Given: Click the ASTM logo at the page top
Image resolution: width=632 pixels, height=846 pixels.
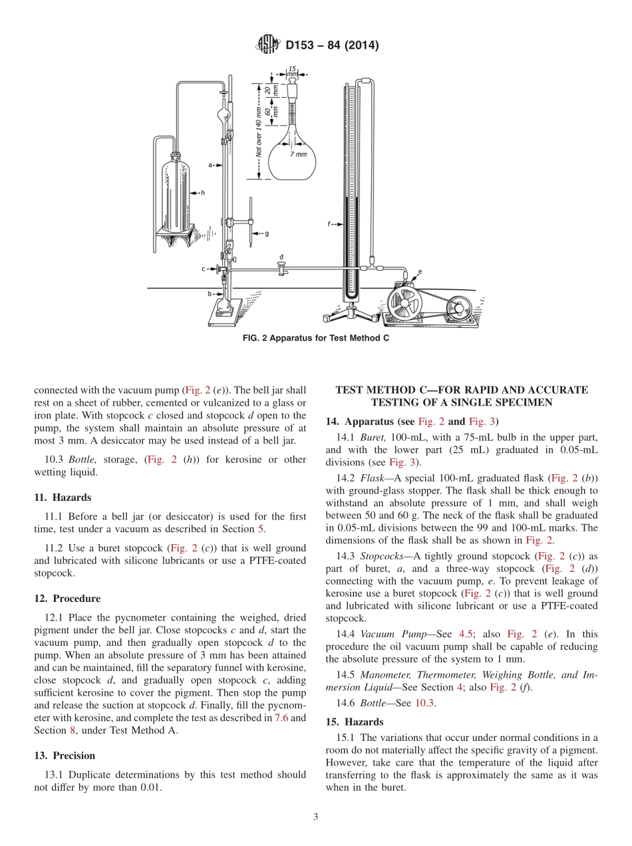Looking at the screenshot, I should tap(268, 46).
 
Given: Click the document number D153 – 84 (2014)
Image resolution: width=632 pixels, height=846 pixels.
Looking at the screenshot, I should tap(332, 46).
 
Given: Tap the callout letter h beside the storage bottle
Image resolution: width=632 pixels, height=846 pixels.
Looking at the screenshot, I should tap(202, 193).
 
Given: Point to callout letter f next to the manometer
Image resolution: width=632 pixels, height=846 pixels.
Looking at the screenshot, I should tap(329, 225).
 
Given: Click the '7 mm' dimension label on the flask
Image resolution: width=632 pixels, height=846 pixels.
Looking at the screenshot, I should tap(299, 154).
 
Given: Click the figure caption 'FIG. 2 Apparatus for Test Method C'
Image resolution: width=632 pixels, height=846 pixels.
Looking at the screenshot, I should tap(316, 338).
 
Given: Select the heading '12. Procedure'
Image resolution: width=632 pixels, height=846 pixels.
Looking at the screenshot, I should tap(67, 599).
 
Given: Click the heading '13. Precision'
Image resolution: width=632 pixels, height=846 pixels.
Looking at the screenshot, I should tap(65, 756).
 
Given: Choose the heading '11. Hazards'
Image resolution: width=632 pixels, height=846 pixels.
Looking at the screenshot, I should tap(63, 497).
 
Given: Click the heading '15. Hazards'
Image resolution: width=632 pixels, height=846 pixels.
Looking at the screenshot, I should tap(355, 722).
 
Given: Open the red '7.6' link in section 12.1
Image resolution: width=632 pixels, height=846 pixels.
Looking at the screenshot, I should tap(281, 718).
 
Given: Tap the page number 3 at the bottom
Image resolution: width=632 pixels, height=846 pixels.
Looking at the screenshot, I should tap(316, 817).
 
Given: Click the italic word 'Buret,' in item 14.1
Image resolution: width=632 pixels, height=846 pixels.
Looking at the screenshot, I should tap(373, 437).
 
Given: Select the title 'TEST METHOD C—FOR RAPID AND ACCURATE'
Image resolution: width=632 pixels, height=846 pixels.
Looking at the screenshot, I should tap(462, 390).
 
